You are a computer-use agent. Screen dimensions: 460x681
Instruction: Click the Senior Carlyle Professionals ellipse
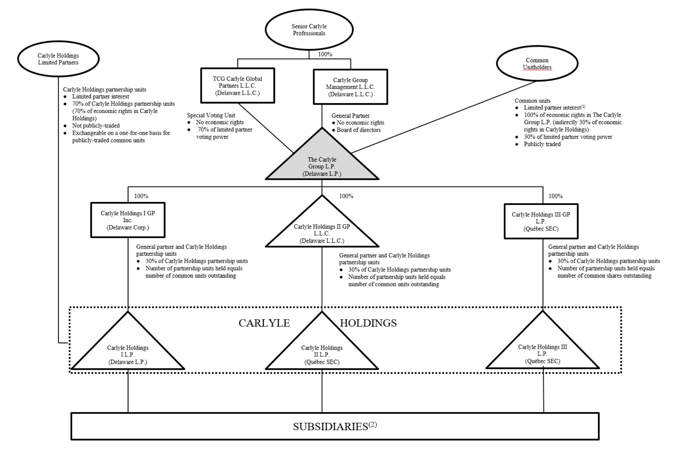[x=309, y=30]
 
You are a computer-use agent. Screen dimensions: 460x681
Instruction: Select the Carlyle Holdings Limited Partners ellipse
[x=58, y=59]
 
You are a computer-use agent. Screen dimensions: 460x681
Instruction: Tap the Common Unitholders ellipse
[x=537, y=64]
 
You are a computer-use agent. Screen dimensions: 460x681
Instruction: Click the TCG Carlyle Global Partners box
[x=238, y=86]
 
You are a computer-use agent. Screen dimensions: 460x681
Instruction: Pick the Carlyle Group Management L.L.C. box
[x=350, y=87]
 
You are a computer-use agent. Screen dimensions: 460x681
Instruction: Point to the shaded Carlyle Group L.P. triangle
[x=322, y=164]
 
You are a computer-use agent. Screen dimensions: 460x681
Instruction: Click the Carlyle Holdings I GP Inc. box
[x=128, y=220]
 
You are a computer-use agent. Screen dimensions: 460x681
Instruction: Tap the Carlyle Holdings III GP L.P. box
[x=541, y=221]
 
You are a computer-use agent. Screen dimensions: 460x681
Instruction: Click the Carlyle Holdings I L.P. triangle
[x=128, y=351]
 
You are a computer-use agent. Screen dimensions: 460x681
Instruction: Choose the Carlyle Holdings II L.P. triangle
[x=322, y=351]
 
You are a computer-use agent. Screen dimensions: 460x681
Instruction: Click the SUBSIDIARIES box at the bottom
[x=335, y=426]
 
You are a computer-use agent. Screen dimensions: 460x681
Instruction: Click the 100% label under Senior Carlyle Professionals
[x=325, y=54]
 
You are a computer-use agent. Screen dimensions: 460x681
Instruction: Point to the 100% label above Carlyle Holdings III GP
[x=556, y=196]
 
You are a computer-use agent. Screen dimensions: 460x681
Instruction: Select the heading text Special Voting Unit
[x=211, y=115]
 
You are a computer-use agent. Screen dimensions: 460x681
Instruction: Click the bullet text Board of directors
[x=359, y=130]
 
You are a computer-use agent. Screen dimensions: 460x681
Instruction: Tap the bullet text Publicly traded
[x=542, y=144]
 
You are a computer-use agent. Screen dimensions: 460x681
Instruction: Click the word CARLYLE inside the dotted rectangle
[x=264, y=323]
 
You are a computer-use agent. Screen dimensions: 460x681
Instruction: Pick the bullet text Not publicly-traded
[x=96, y=126]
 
